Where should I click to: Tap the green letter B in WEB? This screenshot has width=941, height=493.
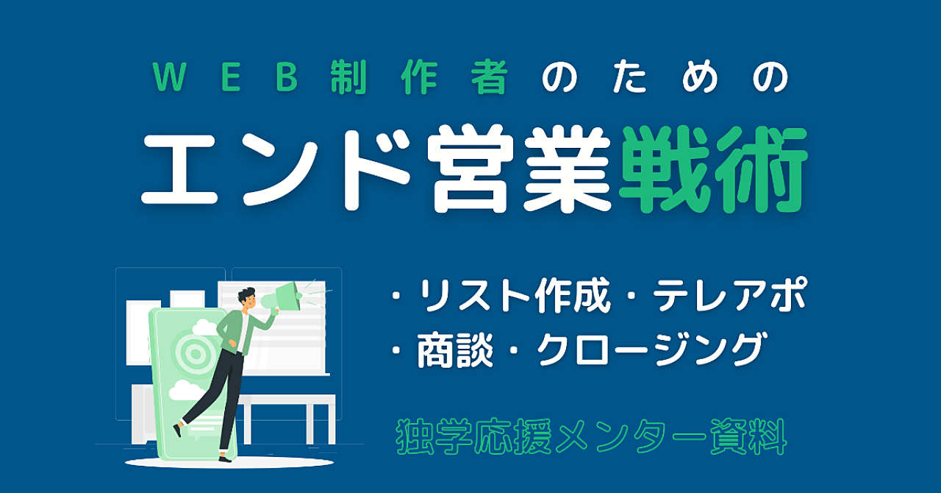(287, 77)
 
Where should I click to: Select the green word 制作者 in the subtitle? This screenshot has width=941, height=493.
(419, 77)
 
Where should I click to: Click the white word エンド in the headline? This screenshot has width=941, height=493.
(276, 169)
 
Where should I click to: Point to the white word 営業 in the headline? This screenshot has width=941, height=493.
(519, 169)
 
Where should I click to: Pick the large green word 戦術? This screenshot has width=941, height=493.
(713, 169)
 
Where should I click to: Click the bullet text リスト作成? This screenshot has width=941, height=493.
(515, 295)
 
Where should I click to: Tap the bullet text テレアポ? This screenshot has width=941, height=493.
(729, 294)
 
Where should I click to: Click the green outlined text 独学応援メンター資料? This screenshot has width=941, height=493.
(591, 436)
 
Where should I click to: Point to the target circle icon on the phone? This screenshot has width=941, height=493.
(196, 353)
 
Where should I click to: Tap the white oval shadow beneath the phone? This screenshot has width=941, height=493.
(229, 462)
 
